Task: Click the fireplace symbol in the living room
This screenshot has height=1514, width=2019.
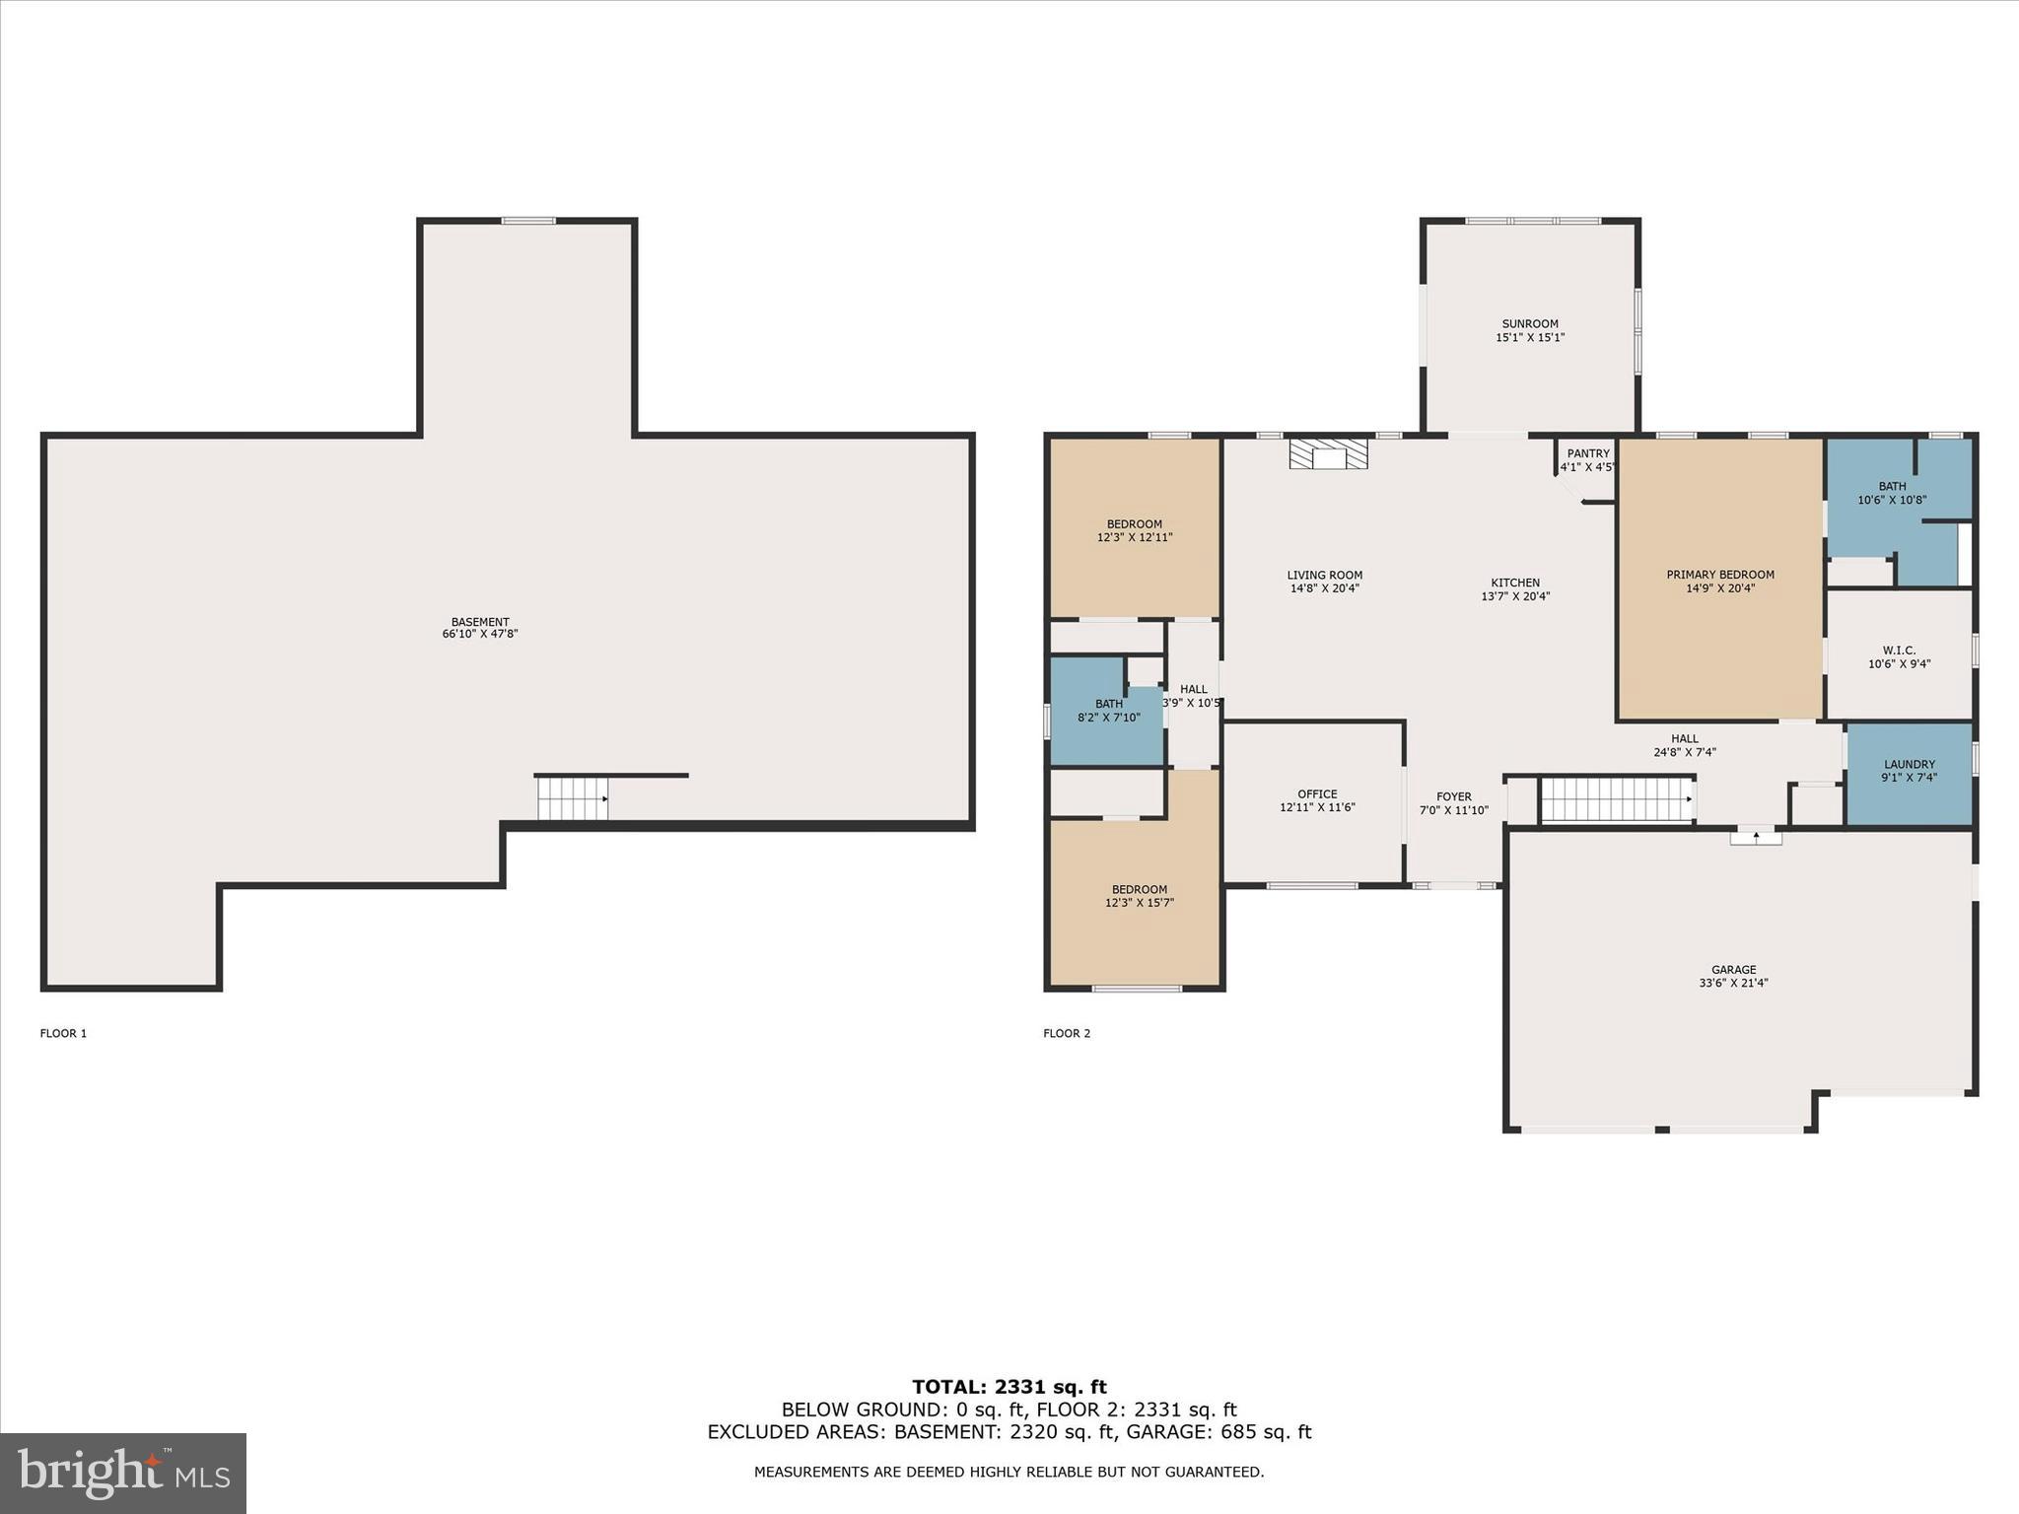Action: coord(1329,454)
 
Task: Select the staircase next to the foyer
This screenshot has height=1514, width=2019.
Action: coord(1617,799)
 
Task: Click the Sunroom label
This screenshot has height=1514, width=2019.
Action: coord(1530,323)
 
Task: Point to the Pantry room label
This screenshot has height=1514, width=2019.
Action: coord(1588,453)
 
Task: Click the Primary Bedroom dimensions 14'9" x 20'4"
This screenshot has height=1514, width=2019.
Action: coord(1720,588)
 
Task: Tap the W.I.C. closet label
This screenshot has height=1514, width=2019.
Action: coord(1899,651)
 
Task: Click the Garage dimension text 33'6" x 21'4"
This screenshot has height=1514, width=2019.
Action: coord(1733,983)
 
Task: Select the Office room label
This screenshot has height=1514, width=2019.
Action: coord(1317,793)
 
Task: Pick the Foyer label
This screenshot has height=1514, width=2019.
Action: coord(1453,796)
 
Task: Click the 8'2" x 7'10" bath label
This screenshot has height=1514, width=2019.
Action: coord(1109,718)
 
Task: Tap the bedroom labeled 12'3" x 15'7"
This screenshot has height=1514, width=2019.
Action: coord(1139,896)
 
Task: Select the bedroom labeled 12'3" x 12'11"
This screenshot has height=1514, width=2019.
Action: coord(1135,531)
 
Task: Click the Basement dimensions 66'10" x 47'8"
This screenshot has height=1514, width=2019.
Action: coord(480,634)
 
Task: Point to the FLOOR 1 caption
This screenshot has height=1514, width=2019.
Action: coord(63,1033)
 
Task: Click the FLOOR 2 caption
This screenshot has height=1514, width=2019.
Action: coord(1067,1033)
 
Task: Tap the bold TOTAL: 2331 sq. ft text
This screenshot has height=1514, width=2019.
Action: coord(1009,1387)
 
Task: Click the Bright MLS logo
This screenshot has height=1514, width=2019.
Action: coord(123,1473)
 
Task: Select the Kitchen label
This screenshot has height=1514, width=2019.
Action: coord(1515,583)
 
